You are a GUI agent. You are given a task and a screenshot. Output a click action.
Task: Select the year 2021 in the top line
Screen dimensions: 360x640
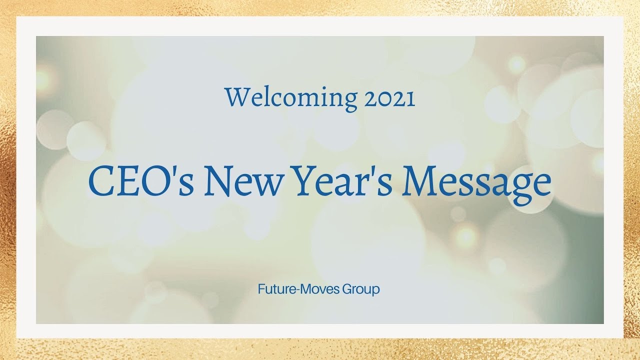pos(389,98)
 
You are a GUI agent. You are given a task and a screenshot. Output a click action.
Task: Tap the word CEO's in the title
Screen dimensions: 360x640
pos(141,182)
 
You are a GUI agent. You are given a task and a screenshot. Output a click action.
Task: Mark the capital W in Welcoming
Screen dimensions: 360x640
pos(236,98)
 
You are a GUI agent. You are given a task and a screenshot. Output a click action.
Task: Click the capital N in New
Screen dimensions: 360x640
pos(218,182)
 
